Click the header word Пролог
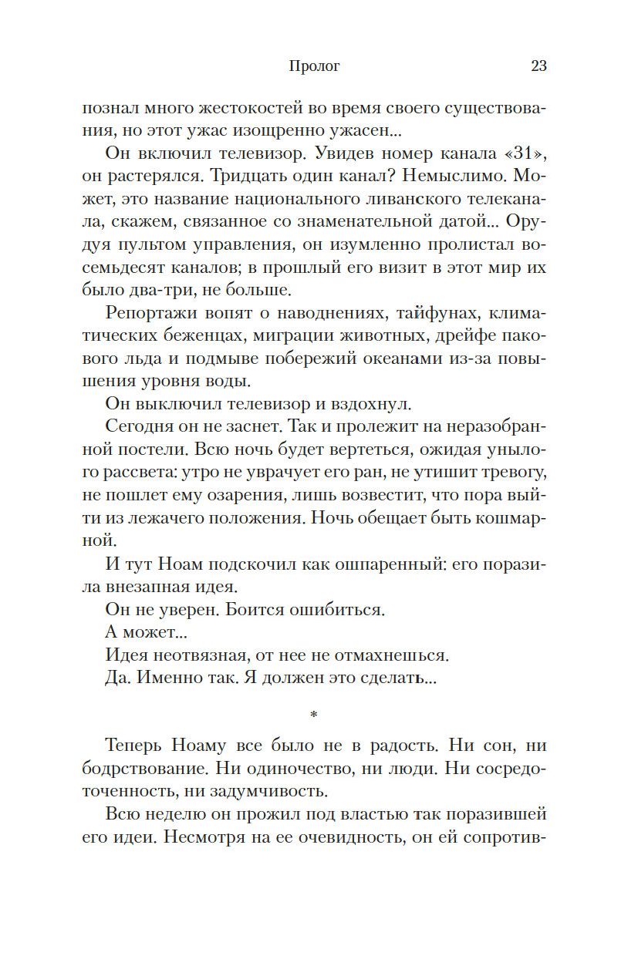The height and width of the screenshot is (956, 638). click(x=313, y=66)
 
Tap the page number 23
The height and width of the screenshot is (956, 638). click(x=538, y=66)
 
